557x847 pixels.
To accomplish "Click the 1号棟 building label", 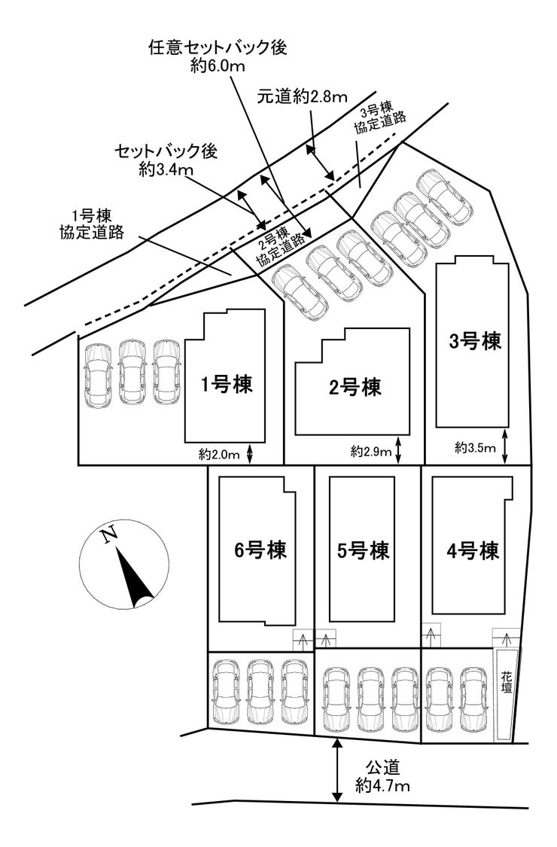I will (x=227, y=385).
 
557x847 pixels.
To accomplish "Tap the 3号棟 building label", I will (x=475, y=341).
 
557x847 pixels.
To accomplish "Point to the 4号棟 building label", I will (x=473, y=550).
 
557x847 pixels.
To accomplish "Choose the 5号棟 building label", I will (x=364, y=550).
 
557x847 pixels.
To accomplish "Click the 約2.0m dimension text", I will (x=219, y=454).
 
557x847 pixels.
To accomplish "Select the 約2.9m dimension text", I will (x=371, y=452).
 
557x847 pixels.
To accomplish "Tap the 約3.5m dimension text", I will (x=475, y=449).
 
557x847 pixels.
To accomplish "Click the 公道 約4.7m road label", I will (x=385, y=778).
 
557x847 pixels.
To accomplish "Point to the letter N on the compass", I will (x=109, y=535).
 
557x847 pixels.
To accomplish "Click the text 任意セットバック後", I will (x=218, y=48).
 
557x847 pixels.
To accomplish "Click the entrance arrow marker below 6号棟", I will (x=303, y=641).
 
